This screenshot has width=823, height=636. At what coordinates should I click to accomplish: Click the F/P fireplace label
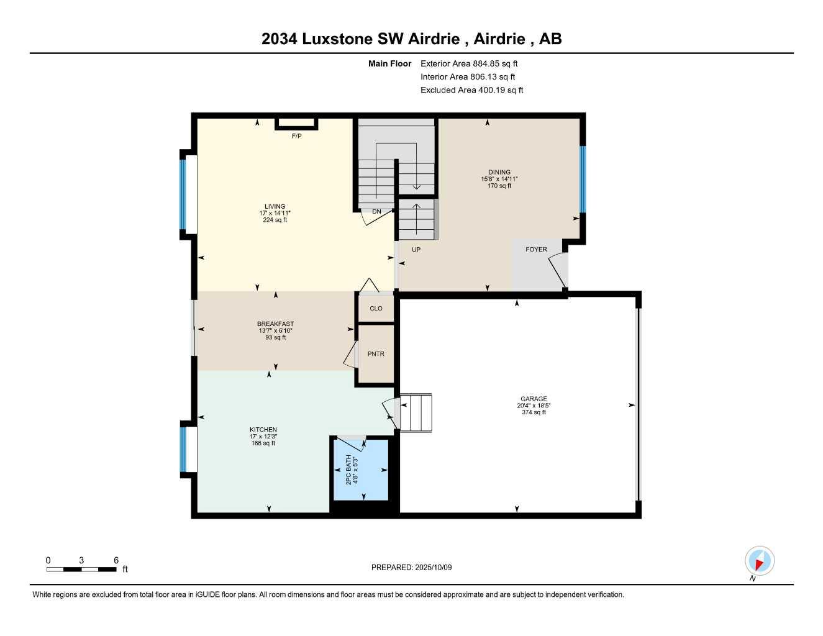coord(297,136)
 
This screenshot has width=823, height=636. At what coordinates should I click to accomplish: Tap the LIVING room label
coord(275,207)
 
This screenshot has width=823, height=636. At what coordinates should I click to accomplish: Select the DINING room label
coord(499,172)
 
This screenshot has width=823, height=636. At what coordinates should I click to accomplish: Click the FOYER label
coord(536,250)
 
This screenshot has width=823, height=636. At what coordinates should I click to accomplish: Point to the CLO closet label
coord(376,309)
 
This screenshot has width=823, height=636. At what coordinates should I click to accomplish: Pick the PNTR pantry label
coord(376,354)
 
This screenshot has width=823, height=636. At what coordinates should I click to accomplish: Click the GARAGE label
coord(534,399)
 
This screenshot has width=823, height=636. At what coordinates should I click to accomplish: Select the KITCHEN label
coord(263,430)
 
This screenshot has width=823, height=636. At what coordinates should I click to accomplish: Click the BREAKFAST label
coord(275,324)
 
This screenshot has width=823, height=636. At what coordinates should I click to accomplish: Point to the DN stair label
coord(376,212)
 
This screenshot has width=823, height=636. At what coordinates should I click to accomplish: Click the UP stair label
coord(416,250)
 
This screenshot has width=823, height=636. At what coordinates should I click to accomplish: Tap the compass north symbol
coord(759,561)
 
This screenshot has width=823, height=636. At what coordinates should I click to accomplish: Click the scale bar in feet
coord(81,569)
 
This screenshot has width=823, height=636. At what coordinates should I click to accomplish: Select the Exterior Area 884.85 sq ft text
coord(469,63)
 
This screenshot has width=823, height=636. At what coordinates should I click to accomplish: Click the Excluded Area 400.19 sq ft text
coord(471,90)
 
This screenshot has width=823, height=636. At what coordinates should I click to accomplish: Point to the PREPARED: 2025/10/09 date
coord(411,567)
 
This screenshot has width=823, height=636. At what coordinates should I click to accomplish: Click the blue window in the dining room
coord(582,179)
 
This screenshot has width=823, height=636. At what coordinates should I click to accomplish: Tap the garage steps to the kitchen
coord(416,412)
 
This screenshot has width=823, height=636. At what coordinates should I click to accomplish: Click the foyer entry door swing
coord(558,270)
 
